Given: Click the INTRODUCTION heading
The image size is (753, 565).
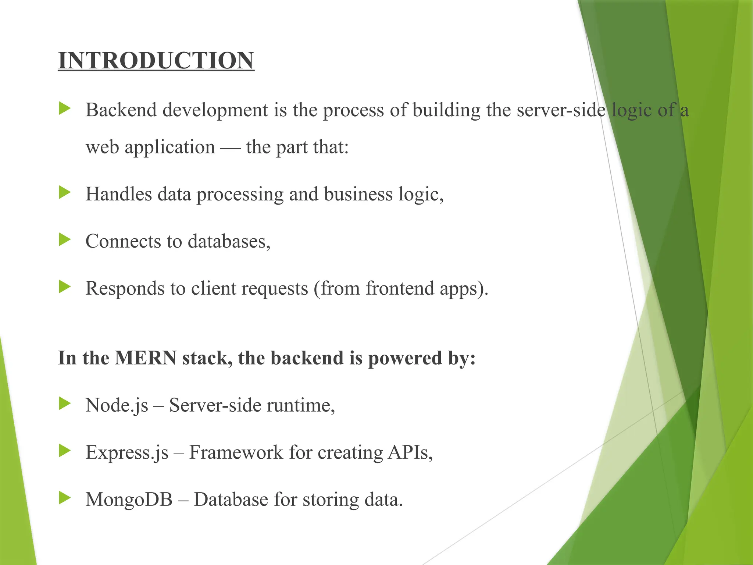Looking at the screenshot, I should pyautogui.click(x=156, y=61).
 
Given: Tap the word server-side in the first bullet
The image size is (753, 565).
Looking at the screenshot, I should pyautogui.click(x=561, y=110).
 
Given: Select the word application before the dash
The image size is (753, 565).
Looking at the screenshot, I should pyautogui.click(x=169, y=148).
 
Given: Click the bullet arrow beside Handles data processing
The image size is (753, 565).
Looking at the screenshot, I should pyautogui.click(x=64, y=192).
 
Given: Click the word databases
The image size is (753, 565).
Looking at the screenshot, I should pyautogui.click(x=229, y=242).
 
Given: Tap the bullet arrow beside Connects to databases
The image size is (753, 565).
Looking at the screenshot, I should pyautogui.click(x=64, y=240).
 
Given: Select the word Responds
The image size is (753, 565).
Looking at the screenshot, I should pyautogui.click(x=125, y=288).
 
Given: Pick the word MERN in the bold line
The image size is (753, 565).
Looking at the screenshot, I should pyautogui.click(x=146, y=358).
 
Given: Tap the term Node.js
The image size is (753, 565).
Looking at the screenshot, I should pyautogui.click(x=117, y=406).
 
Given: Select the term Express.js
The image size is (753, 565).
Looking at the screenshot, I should pyautogui.click(x=127, y=453).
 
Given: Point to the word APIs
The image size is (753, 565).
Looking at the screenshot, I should pyautogui.click(x=410, y=453).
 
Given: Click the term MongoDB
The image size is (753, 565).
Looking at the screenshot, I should pyautogui.click(x=129, y=500).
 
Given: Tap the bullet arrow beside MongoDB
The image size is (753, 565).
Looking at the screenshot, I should pyautogui.click(x=64, y=498).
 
